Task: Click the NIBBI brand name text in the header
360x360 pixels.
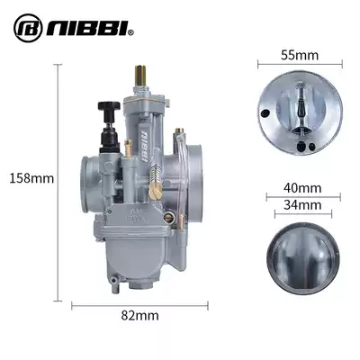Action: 86,28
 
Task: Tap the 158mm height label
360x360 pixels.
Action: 31,178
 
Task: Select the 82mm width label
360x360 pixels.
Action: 140,316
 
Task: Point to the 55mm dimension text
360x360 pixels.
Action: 300,55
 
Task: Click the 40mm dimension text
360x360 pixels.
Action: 302,188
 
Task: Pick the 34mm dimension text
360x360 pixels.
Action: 302,205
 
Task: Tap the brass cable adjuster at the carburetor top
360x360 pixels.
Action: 140,76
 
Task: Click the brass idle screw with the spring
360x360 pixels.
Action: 155,180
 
